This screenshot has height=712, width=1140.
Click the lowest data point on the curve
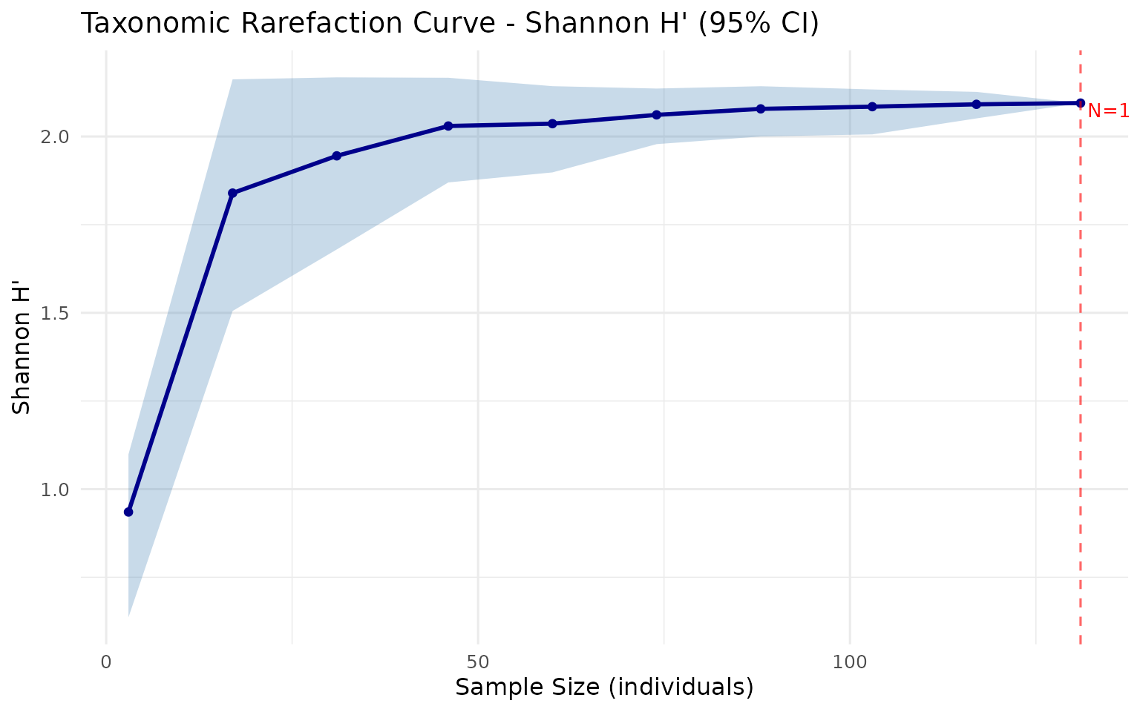(128, 512)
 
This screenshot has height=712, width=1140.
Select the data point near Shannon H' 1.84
(232, 193)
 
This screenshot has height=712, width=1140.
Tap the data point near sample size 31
(336, 156)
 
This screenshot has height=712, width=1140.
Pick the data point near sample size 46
(448, 126)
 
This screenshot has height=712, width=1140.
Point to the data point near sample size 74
(656, 115)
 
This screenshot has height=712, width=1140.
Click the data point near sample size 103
(872, 107)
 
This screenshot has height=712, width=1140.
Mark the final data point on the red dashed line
(1080, 103)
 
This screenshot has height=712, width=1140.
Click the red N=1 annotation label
(1108, 111)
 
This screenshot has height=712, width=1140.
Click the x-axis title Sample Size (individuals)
(604, 688)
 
